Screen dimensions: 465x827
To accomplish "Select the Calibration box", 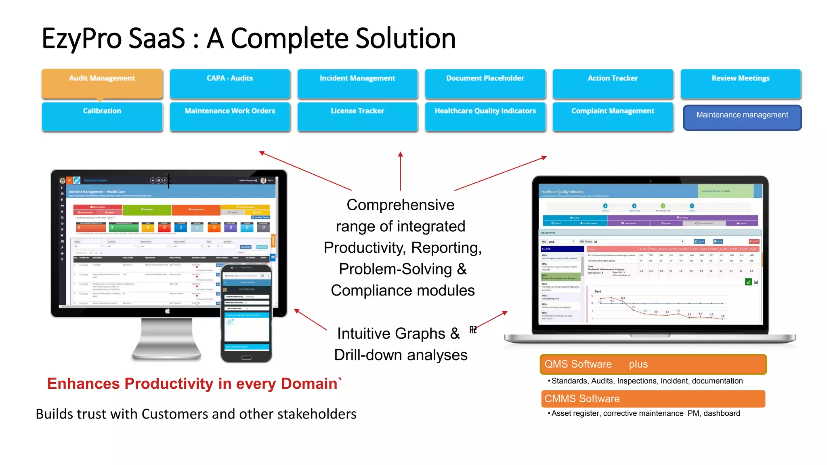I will click(x=102, y=116).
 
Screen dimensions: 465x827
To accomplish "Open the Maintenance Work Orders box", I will click(x=230, y=116).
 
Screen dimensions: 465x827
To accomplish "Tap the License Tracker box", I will click(x=357, y=116).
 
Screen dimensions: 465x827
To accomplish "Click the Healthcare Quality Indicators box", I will click(x=485, y=116).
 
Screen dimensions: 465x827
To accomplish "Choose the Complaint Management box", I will click(x=613, y=116).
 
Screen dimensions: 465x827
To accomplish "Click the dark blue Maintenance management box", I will click(x=742, y=117).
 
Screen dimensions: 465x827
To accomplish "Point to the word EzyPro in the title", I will click(x=81, y=39).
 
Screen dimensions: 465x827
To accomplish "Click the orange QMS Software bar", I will click(x=653, y=364).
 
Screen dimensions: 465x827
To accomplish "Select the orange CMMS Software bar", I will click(x=653, y=398).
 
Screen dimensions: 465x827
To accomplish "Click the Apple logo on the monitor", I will click(x=168, y=311).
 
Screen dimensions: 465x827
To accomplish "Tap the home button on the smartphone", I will click(x=246, y=358).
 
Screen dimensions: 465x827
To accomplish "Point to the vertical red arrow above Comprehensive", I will click(x=400, y=171).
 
